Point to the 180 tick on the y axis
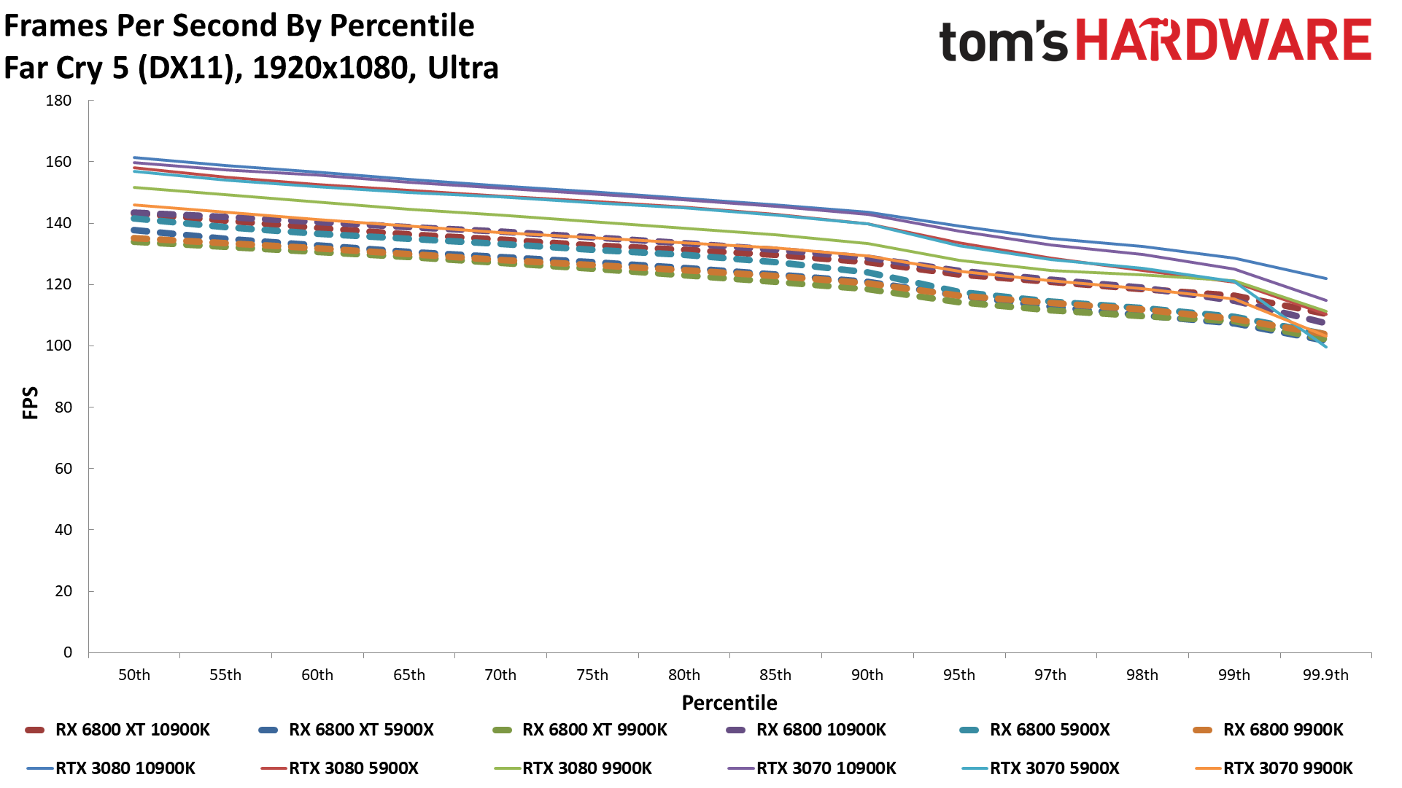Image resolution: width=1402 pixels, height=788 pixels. click(58, 101)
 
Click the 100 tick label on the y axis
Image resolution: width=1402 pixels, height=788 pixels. click(58, 346)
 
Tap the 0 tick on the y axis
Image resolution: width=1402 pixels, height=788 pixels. click(68, 652)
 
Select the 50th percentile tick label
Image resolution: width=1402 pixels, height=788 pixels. click(134, 675)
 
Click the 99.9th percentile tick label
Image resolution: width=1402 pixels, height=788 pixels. click(1325, 675)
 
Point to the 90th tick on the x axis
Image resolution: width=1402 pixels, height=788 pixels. click(867, 675)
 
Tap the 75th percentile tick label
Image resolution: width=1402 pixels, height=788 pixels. click(592, 675)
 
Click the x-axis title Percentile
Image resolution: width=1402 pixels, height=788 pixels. click(729, 703)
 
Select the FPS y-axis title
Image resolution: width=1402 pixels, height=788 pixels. click(31, 403)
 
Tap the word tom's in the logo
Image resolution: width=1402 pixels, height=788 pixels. click(1003, 42)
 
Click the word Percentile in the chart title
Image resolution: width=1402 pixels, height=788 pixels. click(402, 26)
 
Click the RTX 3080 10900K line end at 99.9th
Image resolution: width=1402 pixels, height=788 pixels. click(1326, 278)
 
